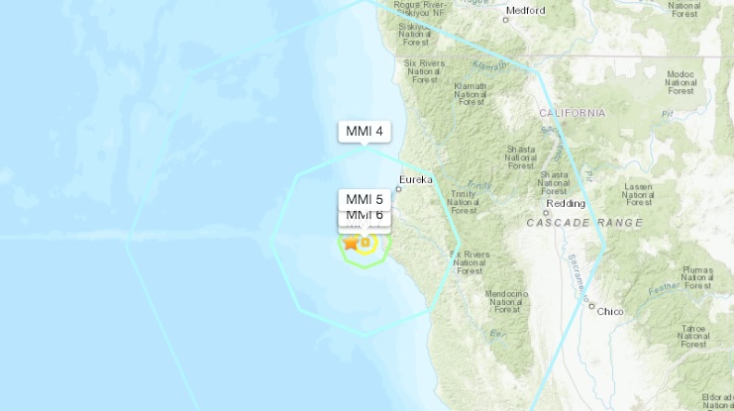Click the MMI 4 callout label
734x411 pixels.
(365, 131)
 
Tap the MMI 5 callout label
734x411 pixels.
(365, 198)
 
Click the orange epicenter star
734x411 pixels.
(351, 242)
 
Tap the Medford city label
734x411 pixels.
(525, 11)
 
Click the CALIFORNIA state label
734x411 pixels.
(572, 114)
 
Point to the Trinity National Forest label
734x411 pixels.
(463, 201)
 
